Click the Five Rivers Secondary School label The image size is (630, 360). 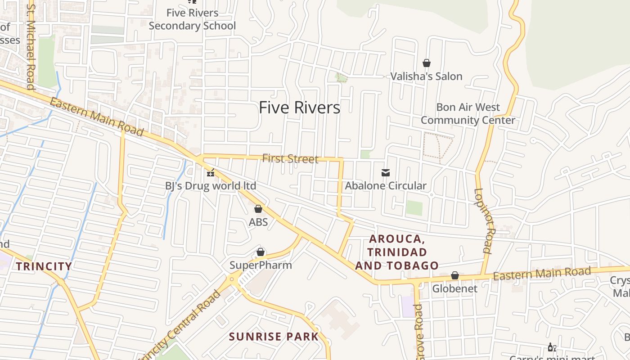pyautogui.click(x=192, y=19)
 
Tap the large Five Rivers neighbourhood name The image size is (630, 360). pyautogui.click(x=300, y=108)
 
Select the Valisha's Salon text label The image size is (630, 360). pyautogui.click(x=426, y=76)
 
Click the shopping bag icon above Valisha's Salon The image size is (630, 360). pyautogui.click(x=426, y=63)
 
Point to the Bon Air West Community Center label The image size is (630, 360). pyautogui.click(x=468, y=114)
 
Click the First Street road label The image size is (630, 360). pyautogui.click(x=290, y=158)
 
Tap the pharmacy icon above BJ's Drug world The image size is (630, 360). pyautogui.click(x=210, y=172)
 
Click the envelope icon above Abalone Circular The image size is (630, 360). pyautogui.click(x=386, y=172)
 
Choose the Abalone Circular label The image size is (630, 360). pyautogui.click(x=386, y=185)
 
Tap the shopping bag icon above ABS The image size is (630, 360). pyautogui.click(x=258, y=209)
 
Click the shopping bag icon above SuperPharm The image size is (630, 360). pyautogui.click(x=261, y=252)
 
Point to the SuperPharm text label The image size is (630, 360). pyautogui.click(x=261, y=265)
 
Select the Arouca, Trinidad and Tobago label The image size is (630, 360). pyautogui.click(x=397, y=252)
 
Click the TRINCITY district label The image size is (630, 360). pyautogui.click(x=44, y=266)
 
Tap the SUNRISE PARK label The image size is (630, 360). pyautogui.click(x=274, y=337)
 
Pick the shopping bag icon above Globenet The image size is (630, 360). pyautogui.click(x=455, y=275)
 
